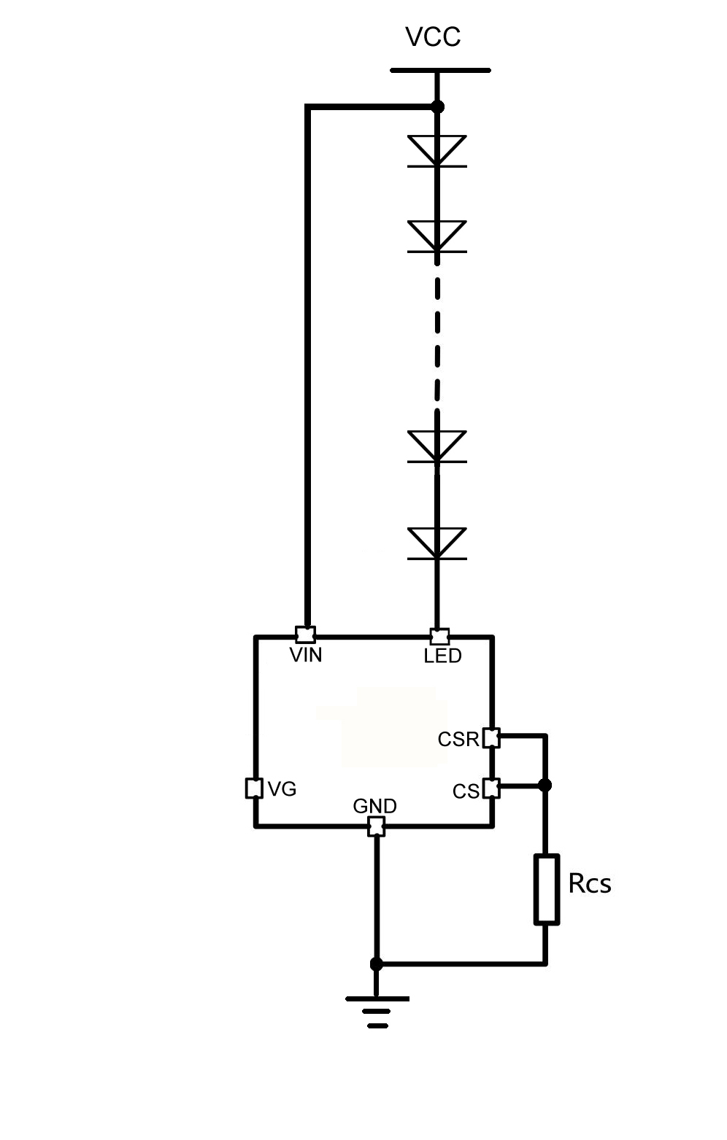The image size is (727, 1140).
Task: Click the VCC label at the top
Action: [x=433, y=37]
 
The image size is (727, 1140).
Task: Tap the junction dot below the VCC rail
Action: [x=437, y=107]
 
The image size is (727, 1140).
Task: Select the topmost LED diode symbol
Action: [x=436, y=151]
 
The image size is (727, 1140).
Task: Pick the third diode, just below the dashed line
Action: [x=436, y=446]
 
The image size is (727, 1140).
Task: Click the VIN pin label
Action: [x=306, y=655]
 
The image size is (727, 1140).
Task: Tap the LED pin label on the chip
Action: [x=442, y=656]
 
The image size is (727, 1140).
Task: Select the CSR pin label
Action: [x=458, y=740]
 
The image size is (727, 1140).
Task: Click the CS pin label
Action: [x=466, y=791]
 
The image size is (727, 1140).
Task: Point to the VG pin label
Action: [x=282, y=789]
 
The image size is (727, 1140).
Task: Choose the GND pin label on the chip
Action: [x=374, y=806]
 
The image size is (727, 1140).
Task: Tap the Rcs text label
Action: [x=589, y=884]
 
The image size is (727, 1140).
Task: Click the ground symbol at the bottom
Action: [x=377, y=1009]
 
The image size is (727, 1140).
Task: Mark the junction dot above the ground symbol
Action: [x=377, y=964]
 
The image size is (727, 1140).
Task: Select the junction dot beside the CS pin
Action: [x=545, y=786]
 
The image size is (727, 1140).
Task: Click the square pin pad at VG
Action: [x=253, y=788]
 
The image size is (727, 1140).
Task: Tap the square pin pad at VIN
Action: [x=306, y=633]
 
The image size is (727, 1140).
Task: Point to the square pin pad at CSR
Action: [x=492, y=738]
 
